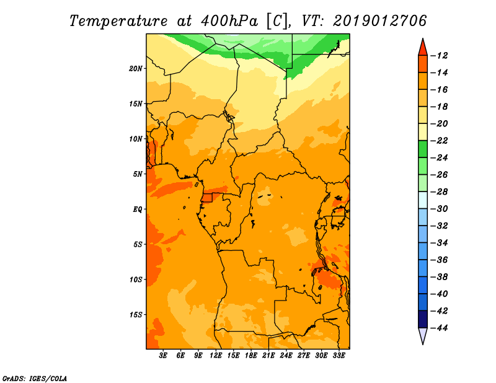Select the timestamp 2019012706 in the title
click(x=380, y=20)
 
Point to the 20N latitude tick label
click(x=136, y=68)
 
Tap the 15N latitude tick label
click(x=136, y=103)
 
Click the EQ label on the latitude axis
click(x=137, y=209)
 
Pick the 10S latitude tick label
click(x=136, y=280)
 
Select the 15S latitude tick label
click(x=136, y=315)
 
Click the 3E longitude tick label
click(x=164, y=356)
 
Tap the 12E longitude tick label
click(x=216, y=356)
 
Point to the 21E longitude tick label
click(x=268, y=356)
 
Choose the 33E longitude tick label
click(x=339, y=356)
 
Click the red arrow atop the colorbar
click(x=422, y=46)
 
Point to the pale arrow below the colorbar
click(x=422, y=336)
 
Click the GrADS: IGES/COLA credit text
click(x=34, y=377)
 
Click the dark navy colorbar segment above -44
click(x=422, y=319)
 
